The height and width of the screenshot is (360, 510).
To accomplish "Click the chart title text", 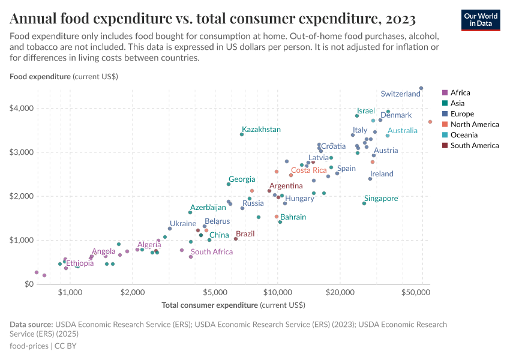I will [x=212, y=20].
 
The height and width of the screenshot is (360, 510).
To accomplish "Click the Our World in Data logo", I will [x=480, y=19].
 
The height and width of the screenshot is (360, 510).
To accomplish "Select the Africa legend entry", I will [x=460, y=92].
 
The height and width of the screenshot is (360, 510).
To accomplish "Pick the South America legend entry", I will [x=474, y=145].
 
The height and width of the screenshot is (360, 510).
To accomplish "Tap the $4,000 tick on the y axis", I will [x=22, y=108].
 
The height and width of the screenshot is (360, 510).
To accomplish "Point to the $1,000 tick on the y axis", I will [x=22, y=240].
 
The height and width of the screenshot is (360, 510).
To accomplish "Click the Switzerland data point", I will [x=421, y=88].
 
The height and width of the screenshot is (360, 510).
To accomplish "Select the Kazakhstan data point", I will [x=242, y=134].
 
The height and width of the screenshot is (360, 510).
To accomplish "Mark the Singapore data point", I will [x=364, y=203].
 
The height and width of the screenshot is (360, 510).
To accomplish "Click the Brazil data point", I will [x=236, y=239].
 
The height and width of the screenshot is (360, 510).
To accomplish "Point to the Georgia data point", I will [x=229, y=184].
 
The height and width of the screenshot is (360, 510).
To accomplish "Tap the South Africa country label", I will [x=211, y=252].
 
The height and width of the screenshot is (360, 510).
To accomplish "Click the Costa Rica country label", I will [x=308, y=170].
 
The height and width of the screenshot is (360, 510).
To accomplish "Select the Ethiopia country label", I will [x=80, y=263].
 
